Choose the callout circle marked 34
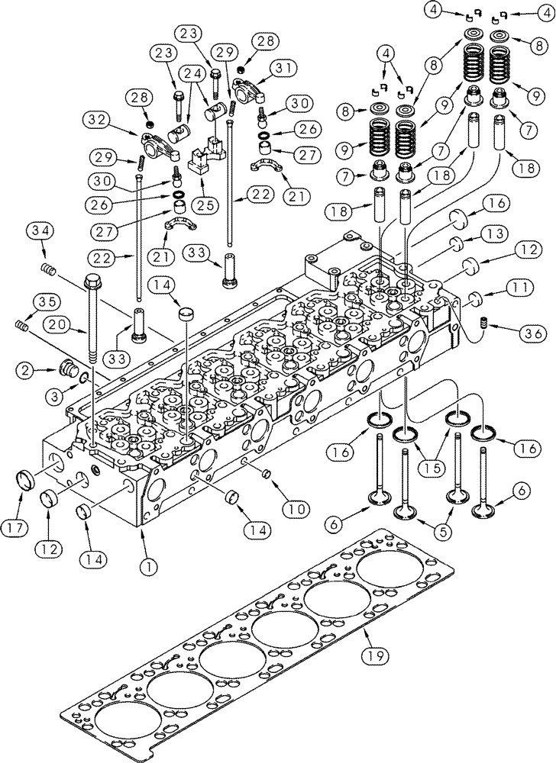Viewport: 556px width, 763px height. (40, 230)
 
